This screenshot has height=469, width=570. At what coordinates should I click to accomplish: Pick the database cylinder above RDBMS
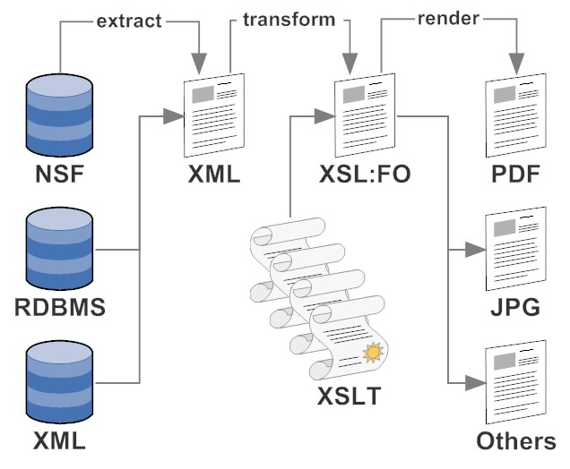coord(60,246)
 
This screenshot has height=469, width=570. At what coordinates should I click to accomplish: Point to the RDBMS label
coord(60,310)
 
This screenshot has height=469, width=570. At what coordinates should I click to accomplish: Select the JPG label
coord(515,309)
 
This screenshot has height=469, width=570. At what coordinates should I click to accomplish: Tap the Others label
coord(515,441)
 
